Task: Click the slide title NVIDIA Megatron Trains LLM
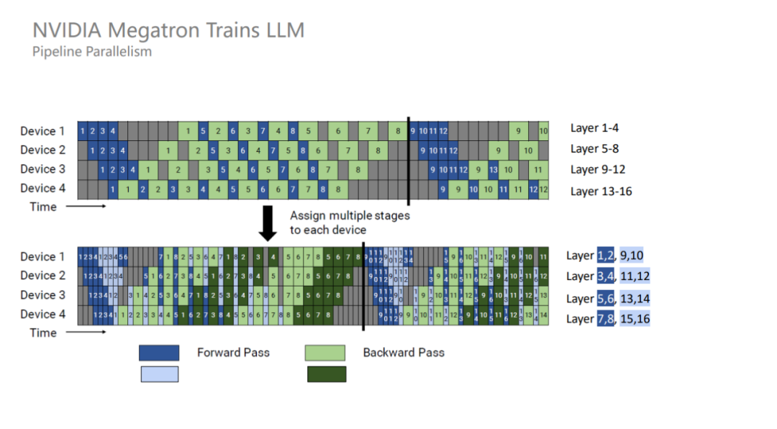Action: [x=169, y=30]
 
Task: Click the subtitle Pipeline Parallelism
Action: [x=92, y=52]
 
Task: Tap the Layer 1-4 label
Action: [x=594, y=128]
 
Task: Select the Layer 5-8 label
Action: [x=594, y=149]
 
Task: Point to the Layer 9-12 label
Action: [x=597, y=170]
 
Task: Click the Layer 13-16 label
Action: [x=601, y=191]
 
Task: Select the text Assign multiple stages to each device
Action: [x=349, y=222]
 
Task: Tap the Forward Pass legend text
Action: [x=233, y=353]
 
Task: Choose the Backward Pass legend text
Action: [x=404, y=353]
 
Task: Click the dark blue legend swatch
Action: [x=159, y=353]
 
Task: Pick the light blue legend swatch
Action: [x=159, y=374]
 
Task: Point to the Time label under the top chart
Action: [x=42, y=207]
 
